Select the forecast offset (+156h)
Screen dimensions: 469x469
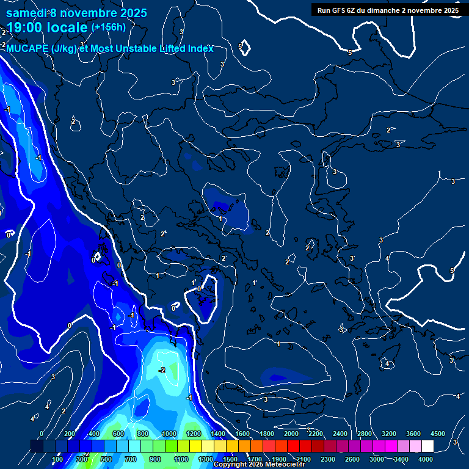point(108,27)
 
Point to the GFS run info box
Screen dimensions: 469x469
point(388,10)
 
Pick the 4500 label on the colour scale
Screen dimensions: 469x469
point(438,434)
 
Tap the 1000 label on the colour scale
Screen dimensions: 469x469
point(169,434)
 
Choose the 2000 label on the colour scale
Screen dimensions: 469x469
point(291,434)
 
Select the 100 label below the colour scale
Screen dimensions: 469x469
point(57,459)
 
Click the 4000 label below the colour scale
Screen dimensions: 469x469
point(426,459)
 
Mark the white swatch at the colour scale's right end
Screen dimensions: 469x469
point(427,446)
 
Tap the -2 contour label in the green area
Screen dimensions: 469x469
point(162,371)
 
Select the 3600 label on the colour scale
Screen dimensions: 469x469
point(413,434)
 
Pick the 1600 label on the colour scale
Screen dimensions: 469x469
point(242,434)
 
